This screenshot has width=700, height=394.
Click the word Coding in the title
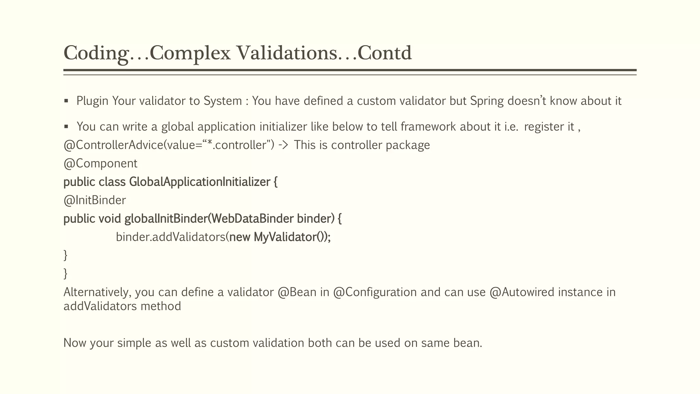coord(96,53)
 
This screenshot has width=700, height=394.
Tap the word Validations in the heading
coord(286,53)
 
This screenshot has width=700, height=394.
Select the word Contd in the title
coord(385,53)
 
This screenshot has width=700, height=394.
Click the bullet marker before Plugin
coord(66,101)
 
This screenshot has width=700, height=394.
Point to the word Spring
coord(487,101)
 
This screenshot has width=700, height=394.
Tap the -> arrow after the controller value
coord(283,145)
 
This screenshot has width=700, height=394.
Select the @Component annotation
coord(100,163)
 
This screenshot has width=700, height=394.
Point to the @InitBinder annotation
coord(95,200)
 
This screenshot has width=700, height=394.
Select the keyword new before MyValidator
coord(240,237)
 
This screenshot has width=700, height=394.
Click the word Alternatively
coord(97,292)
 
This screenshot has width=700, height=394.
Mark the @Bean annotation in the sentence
coord(297,292)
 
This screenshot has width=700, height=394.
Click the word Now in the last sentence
coord(75,343)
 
